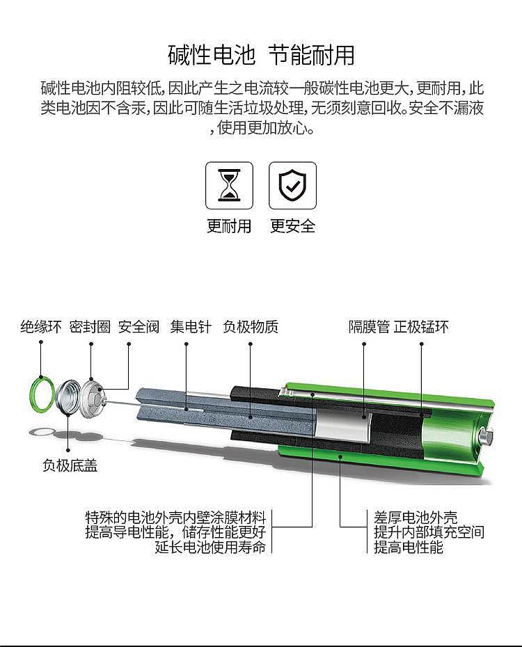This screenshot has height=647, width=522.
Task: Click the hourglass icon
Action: (x=229, y=185)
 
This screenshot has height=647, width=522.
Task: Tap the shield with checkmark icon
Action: (x=292, y=185)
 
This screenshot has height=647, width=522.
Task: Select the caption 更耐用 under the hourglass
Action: (x=229, y=225)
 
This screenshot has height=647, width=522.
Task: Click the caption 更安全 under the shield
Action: (x=292, y=225)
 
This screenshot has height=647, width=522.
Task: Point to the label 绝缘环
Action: (x=41, y=327)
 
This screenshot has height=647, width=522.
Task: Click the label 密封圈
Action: (x=90, y=327)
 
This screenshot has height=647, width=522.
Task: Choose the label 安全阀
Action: (x=139, y=327)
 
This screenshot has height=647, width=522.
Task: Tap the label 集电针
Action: (x=191, y=327)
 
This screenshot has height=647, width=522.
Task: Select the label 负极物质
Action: (x=251, y=327)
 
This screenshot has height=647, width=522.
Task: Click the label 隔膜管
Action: (x=369, y=327)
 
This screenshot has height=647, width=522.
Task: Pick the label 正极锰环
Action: (x=421, y=327)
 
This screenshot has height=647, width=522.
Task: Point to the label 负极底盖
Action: (x=70, y=465)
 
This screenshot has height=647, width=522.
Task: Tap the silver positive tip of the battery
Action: (x=485, y=437)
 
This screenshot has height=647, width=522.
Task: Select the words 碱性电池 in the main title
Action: (x=212, y=55)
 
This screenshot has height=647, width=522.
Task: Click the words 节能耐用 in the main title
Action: (x=312, y=55)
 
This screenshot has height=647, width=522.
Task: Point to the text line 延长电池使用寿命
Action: (x=210, y=547)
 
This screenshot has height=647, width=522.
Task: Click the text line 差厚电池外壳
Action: (x=416, y=517)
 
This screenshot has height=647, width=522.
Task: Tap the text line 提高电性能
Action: (x=409, y=547)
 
